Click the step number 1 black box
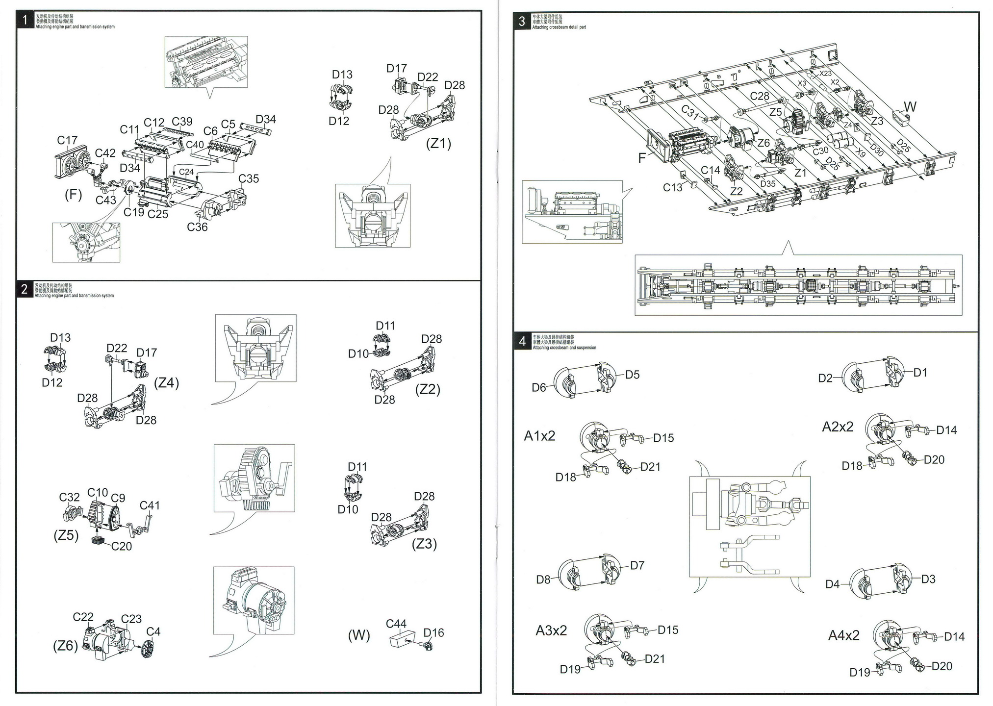[x=25, y=21]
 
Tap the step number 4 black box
[x=522, y=341]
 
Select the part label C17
[x=67, y=140]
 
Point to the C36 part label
[x=197, y=227]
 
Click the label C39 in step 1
[x=182, y=122]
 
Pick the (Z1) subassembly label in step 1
[x=438, y=143]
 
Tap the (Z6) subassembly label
[x=66, y=646]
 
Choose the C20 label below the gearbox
[x=122, y=546]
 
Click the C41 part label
[x=150, y=505]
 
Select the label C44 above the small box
[x=396, y=624]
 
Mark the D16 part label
[x=433, y=633]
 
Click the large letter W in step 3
[x=910, y=107]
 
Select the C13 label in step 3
[x=672, y=187]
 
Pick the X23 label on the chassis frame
[x=825, y=74]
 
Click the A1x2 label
[x=539, y=436]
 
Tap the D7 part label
[x=637, y=565]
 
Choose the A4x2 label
[x=843, y=635]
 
